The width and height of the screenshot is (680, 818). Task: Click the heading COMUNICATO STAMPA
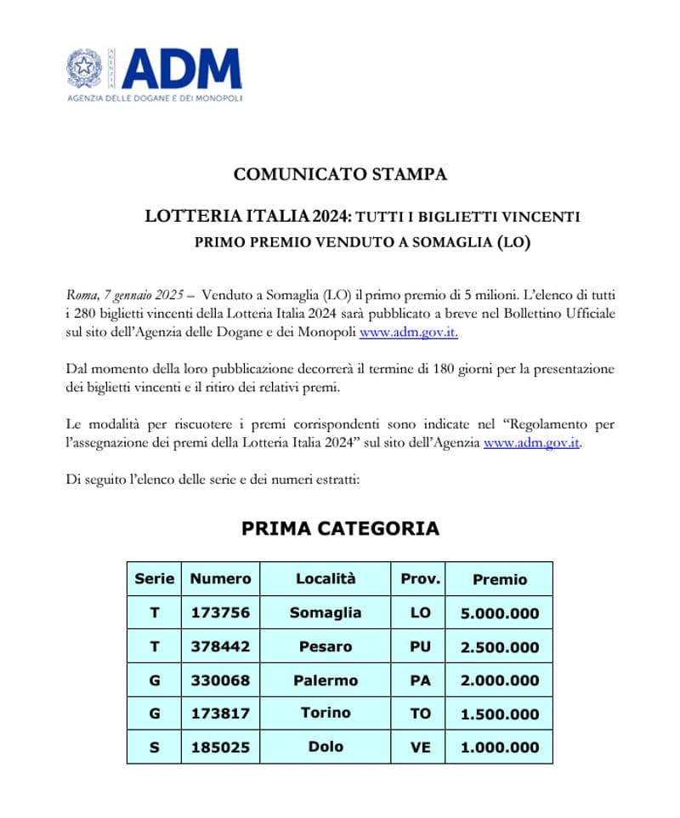pyautogui.click(x=340, y=174)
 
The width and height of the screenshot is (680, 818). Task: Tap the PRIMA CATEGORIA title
pyautogui.click(x=340, y=528)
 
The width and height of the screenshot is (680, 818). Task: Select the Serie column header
pyautogui.click(x=154, y=578)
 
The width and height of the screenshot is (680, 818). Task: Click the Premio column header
pyautogui.click(x=499, y=579)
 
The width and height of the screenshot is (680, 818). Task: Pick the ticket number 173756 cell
pyautogui.click(x=220, y=612)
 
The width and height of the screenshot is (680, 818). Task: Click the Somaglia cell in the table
pyautogui.click(x=325, y=612)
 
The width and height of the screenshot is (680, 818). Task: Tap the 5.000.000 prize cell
pyautogui.click(x=499, y=613)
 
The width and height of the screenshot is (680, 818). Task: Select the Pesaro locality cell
pyautogui.click(x=325, y=646)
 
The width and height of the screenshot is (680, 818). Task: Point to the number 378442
pyautogui.click(x=220, y=646)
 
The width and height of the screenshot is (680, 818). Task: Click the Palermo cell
pyautogui.click(x=325, y=680)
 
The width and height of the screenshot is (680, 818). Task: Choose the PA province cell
pyautogui.click(x=420, y=680)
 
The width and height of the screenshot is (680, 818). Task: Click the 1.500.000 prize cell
pyautogui.click(x=499, y=714)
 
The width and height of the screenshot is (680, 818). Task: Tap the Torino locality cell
pyautogui.click(x=325, y=713)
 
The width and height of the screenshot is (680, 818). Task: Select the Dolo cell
pyautogui.click(x=325, y=747)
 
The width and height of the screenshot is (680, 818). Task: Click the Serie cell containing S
pyautogui.click(x=154, y=747)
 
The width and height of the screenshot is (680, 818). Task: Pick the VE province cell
pyautogui.click(x=420, y=747)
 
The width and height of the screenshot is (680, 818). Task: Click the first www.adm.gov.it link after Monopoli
pyautogui.click(x=408, y=332)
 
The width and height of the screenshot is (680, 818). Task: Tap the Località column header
pyautogui.click(x=325, y=578)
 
